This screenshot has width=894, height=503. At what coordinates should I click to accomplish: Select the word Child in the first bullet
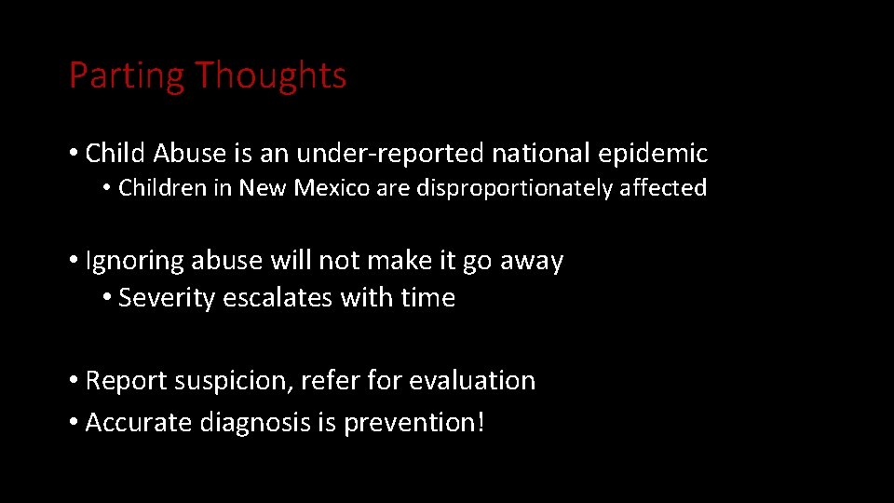116,153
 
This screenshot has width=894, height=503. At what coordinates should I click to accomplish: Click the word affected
663,188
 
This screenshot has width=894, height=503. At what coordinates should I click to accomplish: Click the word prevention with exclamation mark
414,423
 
